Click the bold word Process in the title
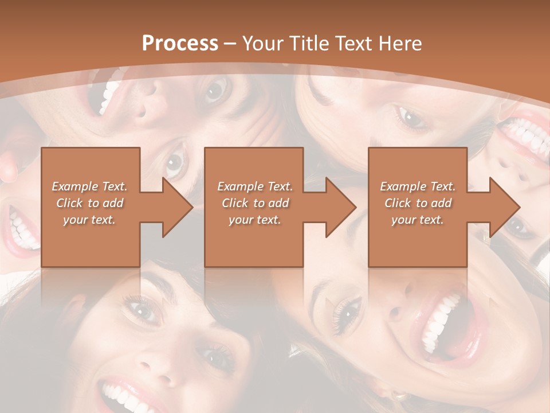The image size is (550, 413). pyautogui.click(x=180, y=44)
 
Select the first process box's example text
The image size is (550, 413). pyautogui.click(x=89, y=203)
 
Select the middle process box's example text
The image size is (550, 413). pyautogui.click(x=255, y=203)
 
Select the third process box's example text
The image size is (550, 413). pyautogui.click(x=418, y=203)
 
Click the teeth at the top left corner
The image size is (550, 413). pyautogui.click(x=109, y=95)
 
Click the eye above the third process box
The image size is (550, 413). pyautogui.click(x=410, y=118)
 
